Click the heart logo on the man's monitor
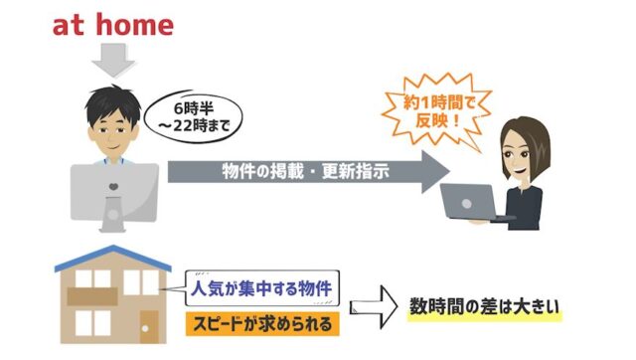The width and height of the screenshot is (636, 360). click(115, 189)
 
